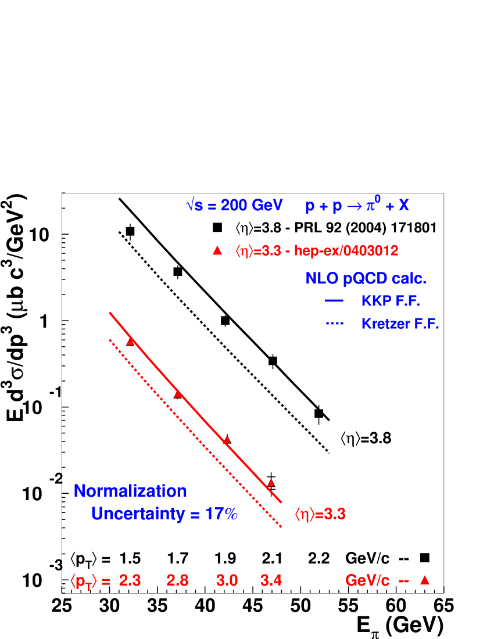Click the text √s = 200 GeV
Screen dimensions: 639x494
[234, 206]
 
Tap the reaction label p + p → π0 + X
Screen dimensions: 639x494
[357, 206]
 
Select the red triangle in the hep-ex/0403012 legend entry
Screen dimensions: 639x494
[217, 250]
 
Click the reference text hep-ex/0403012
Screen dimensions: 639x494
[346, 251]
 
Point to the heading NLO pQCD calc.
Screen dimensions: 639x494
[366, 279]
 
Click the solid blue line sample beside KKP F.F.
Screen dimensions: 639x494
[334, 301]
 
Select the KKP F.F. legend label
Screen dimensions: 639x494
[391, 301]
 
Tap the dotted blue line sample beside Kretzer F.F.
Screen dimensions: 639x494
[334, 323]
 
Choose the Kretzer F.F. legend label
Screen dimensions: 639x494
[400, 324]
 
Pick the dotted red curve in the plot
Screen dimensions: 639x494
[192, 430]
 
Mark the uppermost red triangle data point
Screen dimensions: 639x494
[130, 342]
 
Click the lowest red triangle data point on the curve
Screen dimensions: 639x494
[271, 483]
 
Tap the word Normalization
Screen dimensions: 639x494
[130, 491]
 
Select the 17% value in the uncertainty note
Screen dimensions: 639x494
[221, 514]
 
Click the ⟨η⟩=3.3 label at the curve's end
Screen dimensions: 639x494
[320, 514]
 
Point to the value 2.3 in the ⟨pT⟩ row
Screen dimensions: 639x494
[130, 580]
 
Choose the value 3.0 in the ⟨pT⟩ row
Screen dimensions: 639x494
[227, 580]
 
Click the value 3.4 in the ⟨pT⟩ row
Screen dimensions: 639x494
[271, 580]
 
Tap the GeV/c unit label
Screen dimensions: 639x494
[367, 580]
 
